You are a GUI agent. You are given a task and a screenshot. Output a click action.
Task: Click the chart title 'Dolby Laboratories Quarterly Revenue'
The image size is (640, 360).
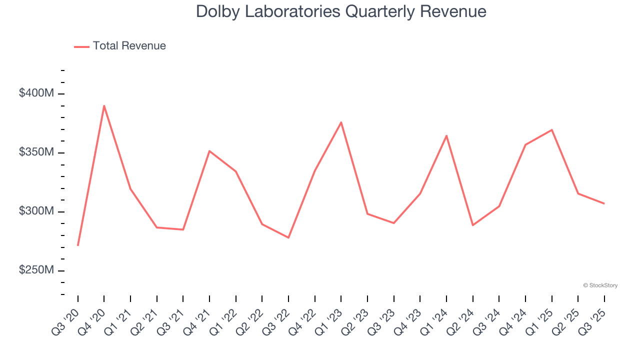[x=341, y=11]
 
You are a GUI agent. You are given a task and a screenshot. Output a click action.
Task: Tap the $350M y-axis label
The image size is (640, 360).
[x=37, y=152]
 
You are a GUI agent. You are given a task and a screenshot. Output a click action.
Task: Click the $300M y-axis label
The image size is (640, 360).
[x=37, y=211]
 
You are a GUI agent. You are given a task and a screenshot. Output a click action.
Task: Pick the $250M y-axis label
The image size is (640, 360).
[x=37, y=270]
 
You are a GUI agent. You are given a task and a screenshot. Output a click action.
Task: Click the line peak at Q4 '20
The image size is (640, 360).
[x=104, y=105]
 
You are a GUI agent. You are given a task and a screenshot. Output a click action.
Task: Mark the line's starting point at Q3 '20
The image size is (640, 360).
[x=78, y=245]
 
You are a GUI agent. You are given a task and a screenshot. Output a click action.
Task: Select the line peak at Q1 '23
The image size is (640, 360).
[x=341, y=122]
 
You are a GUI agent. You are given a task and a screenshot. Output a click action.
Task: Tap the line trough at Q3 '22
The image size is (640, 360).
[x=288, y=237]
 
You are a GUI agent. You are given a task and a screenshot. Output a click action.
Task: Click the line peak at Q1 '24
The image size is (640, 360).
[x=446, y=135]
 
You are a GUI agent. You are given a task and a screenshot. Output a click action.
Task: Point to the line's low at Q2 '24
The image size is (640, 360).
[x=472, y=225]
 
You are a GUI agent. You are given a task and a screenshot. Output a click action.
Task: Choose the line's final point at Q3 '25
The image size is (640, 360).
[x=604, y=203]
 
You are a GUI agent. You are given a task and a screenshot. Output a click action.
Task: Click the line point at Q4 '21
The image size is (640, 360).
[x=209, y=150]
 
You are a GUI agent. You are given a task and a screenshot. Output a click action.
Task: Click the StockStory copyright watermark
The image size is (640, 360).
[x=600, y=285]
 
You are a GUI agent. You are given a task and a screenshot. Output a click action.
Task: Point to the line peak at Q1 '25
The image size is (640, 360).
[x=551, y=129]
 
